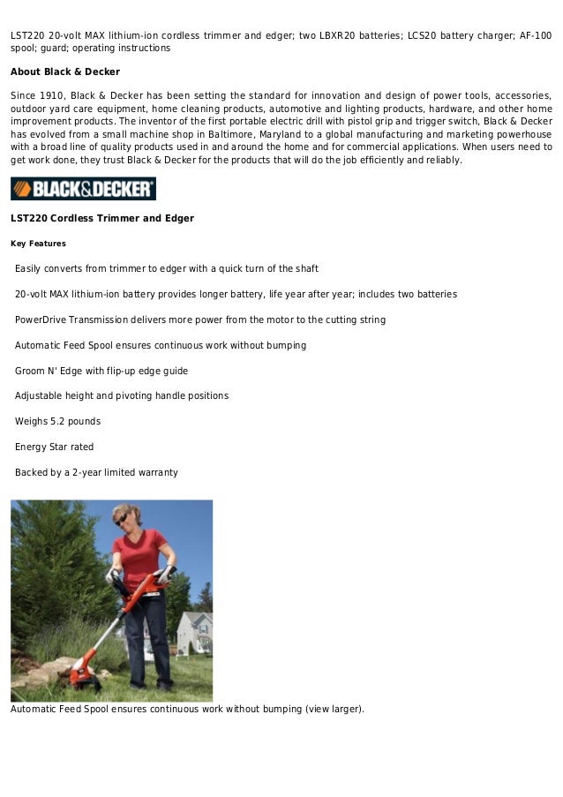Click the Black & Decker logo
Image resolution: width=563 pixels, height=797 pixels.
click(x=83, y=189)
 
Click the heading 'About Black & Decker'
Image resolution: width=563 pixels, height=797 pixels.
click(x=64, y=71)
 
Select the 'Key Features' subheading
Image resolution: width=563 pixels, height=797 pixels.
click(x=38, y=244)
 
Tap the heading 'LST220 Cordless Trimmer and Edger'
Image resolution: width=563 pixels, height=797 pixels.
click(x=101, y=218)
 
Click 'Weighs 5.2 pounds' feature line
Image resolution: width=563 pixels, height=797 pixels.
click(x=57, y=421)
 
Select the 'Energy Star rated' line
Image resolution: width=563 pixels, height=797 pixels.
click(x=54, y=447)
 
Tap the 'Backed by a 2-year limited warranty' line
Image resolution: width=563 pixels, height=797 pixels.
click(x=96, y=472)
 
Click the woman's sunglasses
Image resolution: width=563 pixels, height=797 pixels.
click(x=121, y=520)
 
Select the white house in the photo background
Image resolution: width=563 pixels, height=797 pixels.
click(x=194, y=631)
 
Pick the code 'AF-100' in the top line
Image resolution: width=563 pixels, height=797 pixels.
click(x=532, y=35)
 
